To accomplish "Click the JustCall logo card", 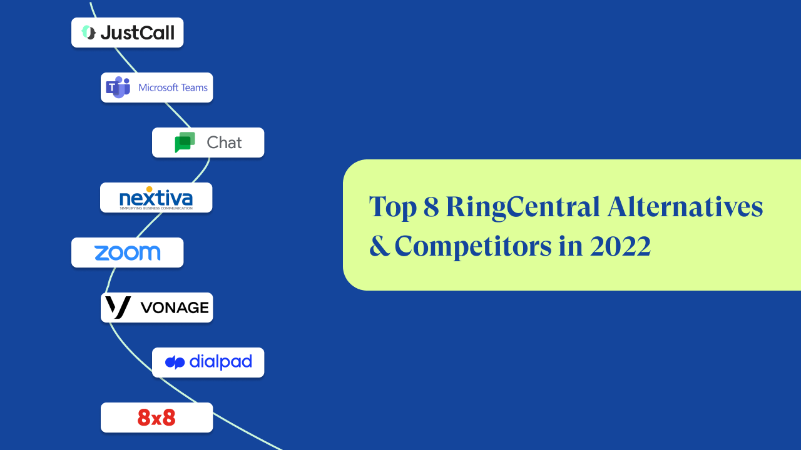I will (x=127, y=32).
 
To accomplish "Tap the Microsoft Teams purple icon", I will (x=118, y=87).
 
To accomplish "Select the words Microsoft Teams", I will (x=173, y=87).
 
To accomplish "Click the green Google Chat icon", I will (x=185, y=142).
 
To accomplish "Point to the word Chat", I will (x=224, y=142).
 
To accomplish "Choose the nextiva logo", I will (x=156, y=199).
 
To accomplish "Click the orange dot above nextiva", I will (x=149, y=189).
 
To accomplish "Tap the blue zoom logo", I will (x=127, y=252).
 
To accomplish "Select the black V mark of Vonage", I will (x=118, y=307).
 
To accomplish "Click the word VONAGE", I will (x=174, y=307).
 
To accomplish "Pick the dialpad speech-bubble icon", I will (x=175, y=362).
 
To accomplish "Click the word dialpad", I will (x=220, y=362).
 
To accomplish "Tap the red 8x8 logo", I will (x=156, y=417).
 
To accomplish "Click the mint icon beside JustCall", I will (x=88, y=32).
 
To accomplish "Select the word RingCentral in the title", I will (x=521, y=207).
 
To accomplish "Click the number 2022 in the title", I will (x=620, y=247).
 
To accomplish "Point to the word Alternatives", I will (x=685, y=207).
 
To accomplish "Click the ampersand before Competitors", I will (x=379, y=247).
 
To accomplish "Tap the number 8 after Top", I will (x=431, y=207).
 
